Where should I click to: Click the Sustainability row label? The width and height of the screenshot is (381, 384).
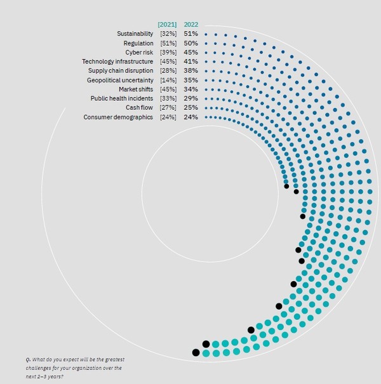pos(135,33)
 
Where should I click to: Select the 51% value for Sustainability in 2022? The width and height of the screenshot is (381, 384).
pos(190,33)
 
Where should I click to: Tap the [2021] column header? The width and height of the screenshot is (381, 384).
pos(167,24)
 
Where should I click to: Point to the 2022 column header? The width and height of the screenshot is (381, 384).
pos(190,24)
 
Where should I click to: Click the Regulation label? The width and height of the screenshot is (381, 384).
pos(138,43)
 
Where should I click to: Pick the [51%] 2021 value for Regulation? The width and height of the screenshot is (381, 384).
pos(168,43)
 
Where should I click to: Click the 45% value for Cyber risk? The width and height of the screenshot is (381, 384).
pos(190,52)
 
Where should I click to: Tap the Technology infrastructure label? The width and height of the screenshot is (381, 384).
pos(117,61)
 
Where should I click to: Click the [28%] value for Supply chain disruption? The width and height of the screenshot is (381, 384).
pos(168,70)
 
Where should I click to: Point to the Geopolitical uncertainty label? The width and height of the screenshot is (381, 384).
pos(120,80)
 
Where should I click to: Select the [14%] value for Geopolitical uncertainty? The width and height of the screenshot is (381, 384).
pos(168,80)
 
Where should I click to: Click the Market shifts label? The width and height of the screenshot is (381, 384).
pos(134,89)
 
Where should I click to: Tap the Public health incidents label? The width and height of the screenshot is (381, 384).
pos(121,98)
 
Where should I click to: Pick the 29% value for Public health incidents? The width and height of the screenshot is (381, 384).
pos(190,98)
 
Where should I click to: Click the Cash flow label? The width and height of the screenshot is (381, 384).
pos(140,108)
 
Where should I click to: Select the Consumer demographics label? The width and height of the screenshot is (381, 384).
pos(118,117)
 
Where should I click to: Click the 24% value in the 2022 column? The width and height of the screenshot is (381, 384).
pos(190,117)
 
